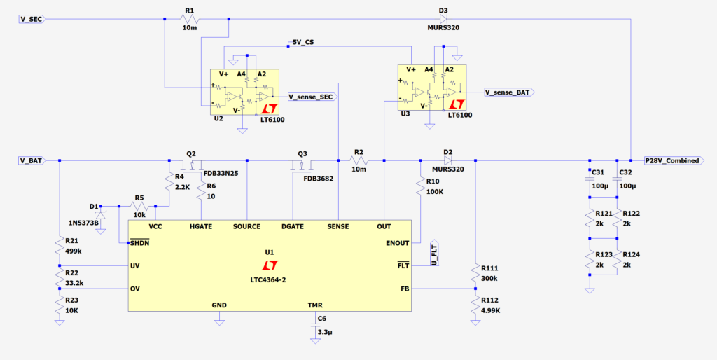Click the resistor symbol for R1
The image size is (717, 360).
pyautogui.click(x=190, y=20)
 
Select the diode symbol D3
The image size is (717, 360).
pyautogui.click(x=443, y=19)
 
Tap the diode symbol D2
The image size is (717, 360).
pyautogui.click(x=447, y=160)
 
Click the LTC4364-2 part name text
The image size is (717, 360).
pyautogui.click(x=269, y=279)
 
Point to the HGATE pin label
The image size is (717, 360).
pyautogui.click(x=202, y=226)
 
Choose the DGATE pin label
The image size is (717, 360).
pyautogui.click(x=293, y=226)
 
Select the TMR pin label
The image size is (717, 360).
pyautogui.click(x=315, y=305)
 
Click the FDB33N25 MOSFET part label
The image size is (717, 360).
pyautogui.click(x=221, y=174)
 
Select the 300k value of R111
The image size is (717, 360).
pyautogui.click(x=489, y=278)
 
